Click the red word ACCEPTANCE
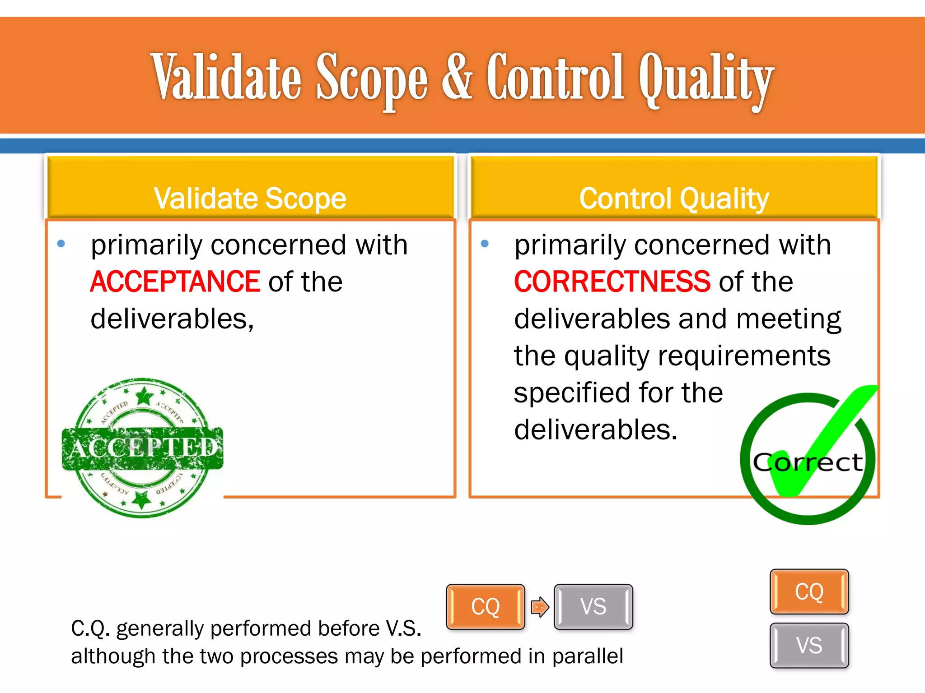click(x=175, y=282)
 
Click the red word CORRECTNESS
click(x=612, y=282)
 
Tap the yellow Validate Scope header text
click(x=250, y=199)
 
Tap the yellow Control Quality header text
click(x=674, y=199)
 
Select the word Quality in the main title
click(x=706, y=79)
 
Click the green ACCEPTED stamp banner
click(x=143, y=448)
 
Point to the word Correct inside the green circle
click(x=808, y=462)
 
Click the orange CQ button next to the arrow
click(x=486, y=607)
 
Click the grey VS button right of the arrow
click(x=593, y=607)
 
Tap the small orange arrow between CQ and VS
click(x=540, y=607)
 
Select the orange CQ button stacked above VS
click(x=809, y=591)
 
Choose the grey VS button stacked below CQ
click(x=809, y=645)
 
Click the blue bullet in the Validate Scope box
click(x=61, y=245)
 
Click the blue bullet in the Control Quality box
click(x=485, y=245)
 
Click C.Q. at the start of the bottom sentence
click(x=90, y=629)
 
